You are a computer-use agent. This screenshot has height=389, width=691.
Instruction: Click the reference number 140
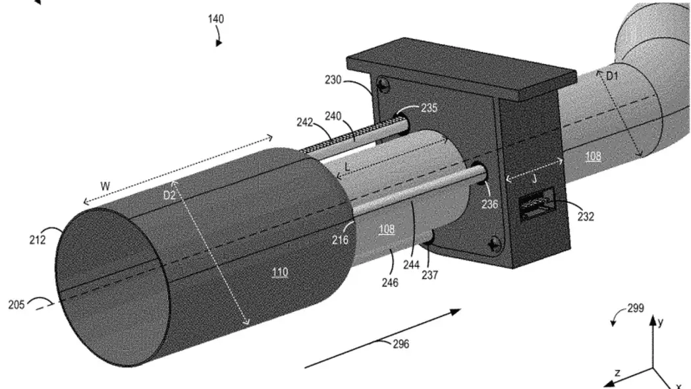pyautogui.click(x=216, y=19)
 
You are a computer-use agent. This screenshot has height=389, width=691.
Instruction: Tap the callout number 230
pyautogui.click(x=333, y=80)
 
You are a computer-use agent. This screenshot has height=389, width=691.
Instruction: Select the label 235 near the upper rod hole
pyautogui.click(x=429, y=108)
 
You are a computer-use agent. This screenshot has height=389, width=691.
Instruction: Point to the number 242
pyautogui.click(x=305, y=122)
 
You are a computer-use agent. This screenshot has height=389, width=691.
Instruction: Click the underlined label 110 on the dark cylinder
pyautogui.click(x=280, y=272)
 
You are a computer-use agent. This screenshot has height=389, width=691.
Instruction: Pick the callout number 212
pyautogui.click(x=38, y=240)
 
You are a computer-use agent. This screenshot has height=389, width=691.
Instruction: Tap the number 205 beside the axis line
pyautogui.click(x=16, y=305)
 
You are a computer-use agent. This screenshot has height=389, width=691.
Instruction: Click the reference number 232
pyautogui.click(x=586, y=216)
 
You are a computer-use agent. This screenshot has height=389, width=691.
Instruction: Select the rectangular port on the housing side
pyautogui.click(x=536, y=203)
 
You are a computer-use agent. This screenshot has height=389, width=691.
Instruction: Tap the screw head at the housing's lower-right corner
pyautogui.click(x=495, y=244)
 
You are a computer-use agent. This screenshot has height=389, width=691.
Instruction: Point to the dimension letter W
pyautogui.click(x=105, y=186)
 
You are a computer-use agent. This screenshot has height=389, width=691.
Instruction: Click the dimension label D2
pyautogui.click(x=169, y=195)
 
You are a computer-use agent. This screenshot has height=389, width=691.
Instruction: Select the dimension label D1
pyautogui.click(x=612, y=76)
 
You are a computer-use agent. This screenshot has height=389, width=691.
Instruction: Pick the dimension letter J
pyautogui.click(x=535, y=179)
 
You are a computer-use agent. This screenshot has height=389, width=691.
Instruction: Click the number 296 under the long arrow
pyautogui.click(x=401, y=344)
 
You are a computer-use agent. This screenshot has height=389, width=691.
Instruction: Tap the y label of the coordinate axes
pyautogui.click(x=660, y=322)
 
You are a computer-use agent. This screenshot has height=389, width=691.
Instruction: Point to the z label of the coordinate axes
pyautogui.click(x=617, y=373)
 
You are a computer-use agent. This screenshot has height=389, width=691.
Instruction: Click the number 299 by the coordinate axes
pyautogui.click(x=636, y=309)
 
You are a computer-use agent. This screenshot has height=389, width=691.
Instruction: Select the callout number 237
pyautogui.click(x=429, y=275)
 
